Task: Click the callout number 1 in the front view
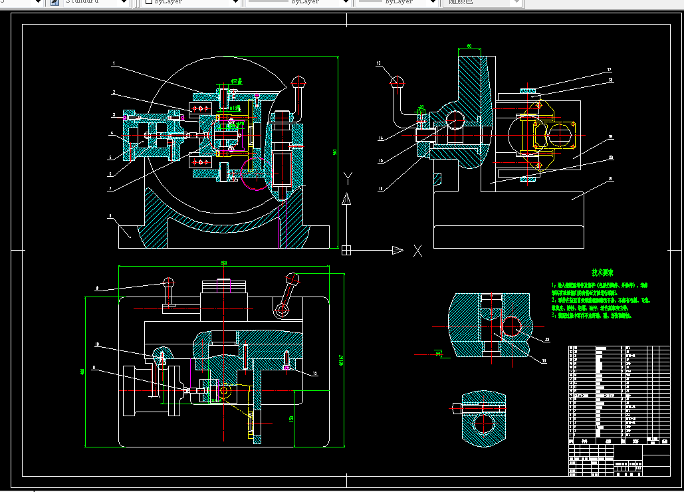[114, 64]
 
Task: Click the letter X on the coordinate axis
[418, 251]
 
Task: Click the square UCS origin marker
[346, 251]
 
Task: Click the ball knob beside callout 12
[398, 82]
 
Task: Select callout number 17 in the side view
[609, 70]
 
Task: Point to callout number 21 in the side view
[611, 179]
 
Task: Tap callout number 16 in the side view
[610, 137]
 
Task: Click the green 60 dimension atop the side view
[469, 47]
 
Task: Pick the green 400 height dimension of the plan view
[82, 372]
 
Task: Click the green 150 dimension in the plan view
[291, 418]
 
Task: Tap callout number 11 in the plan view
[94, 368]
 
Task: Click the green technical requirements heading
[602, 273]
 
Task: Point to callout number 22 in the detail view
[546, 340]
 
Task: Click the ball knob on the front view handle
[298, 82]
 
